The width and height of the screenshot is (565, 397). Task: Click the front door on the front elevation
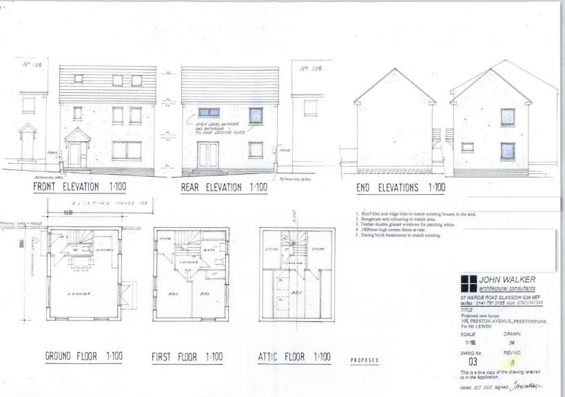(x=75, y=154)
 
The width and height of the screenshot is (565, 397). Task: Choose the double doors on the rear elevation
(x=208, y=155)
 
